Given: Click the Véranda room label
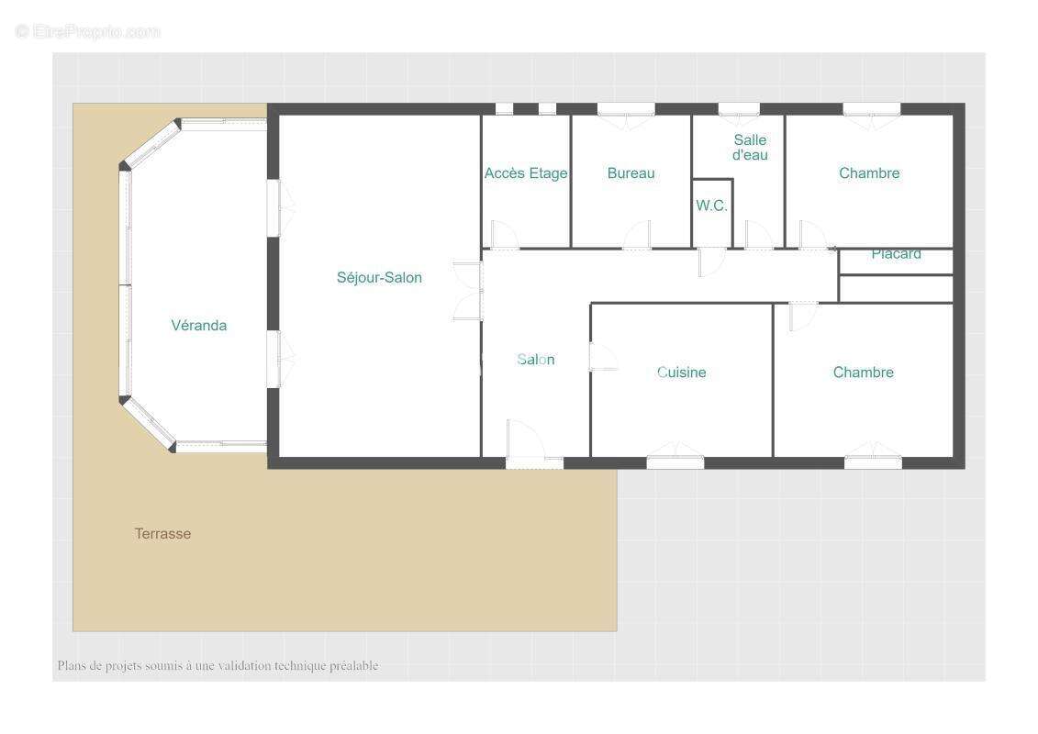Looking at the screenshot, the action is [x=198, y=325].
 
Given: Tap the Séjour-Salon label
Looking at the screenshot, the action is [x=379, y=277].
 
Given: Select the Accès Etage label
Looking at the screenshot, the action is [x=526, y=173].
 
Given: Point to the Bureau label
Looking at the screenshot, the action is [x=631, y=173].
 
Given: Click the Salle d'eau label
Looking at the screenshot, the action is [x=750, y=147].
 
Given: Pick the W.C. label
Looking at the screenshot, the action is [x=711, y=206].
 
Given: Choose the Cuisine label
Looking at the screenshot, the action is [x=681, y=373].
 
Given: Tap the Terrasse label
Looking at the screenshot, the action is [x=162, y=533].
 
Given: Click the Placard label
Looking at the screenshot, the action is [x=897, y=254].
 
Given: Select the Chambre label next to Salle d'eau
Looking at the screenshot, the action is [x=869, y=173].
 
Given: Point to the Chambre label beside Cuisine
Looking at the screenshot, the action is [x=864, y=373].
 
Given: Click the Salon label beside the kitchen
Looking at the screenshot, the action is [x=536, y=360].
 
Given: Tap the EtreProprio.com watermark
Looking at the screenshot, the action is [x=88, y=31].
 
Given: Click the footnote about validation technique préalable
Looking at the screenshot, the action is [x=218, y=665].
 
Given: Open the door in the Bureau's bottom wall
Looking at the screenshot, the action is [x=637, y=236].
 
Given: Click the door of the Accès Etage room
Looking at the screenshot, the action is [x=505, y=235].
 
